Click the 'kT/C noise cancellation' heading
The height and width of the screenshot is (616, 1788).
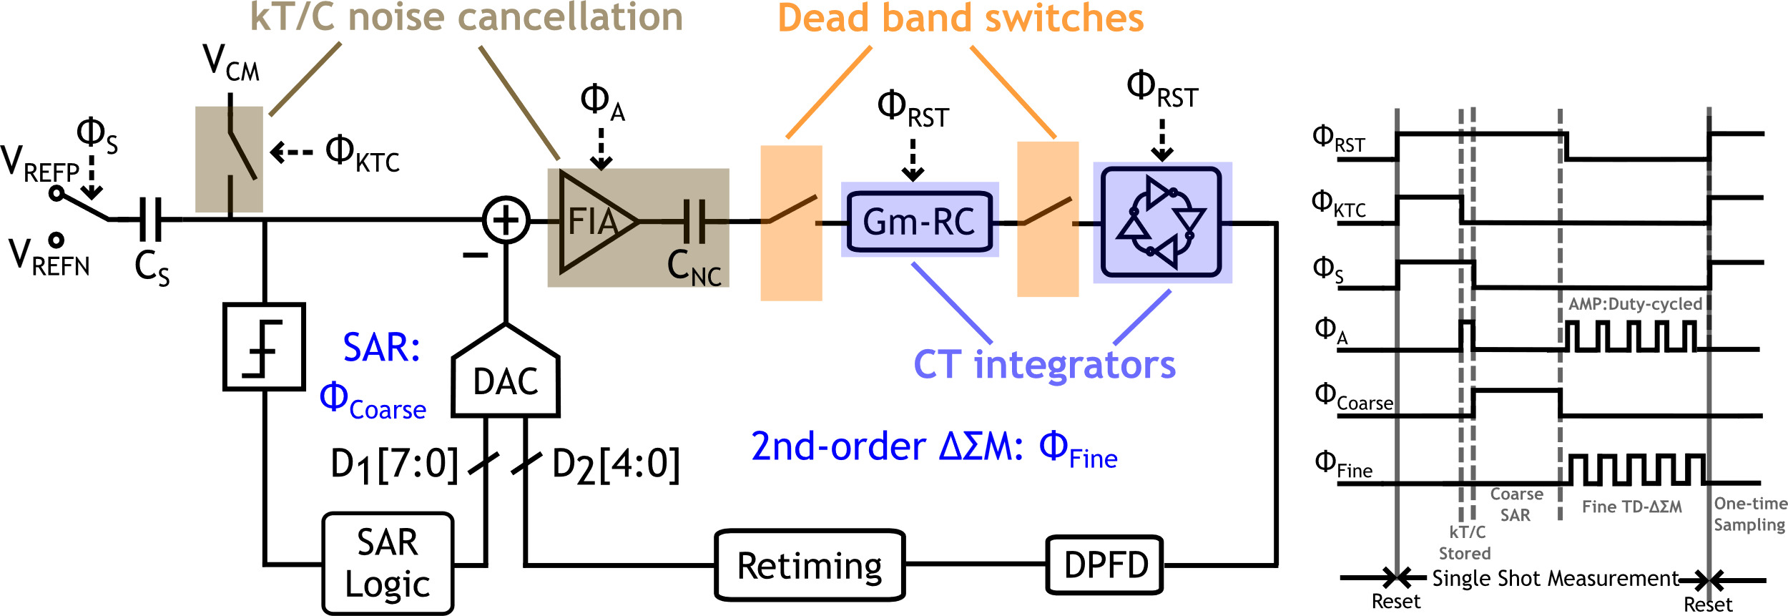(x=466, y=17)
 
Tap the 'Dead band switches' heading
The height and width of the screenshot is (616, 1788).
(x=960, y=19)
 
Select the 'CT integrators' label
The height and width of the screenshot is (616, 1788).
(x=1044, y=365)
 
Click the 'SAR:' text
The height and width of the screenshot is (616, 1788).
(x=381, y=348)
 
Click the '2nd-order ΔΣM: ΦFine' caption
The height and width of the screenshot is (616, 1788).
(x=933, y=448)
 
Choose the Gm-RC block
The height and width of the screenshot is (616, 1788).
(x=920, y=220)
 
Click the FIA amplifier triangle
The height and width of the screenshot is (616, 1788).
(x=594, y=222)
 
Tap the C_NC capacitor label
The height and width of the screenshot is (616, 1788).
(x=694, y=268)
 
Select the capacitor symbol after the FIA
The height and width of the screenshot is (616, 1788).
(x=694, y=221)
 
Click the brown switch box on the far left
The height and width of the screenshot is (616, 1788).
(x=229, y=159)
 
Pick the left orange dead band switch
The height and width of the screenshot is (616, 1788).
(x=791, y=223)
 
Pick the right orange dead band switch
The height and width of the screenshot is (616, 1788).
(x=1048, y=218)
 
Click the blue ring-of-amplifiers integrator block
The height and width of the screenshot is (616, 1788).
(x=1162, y=223)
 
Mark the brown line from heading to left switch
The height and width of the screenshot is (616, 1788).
(x=305, y=79)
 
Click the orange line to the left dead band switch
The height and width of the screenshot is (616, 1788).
(x=830, y=92)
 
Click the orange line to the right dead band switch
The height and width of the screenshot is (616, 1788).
(x=1013, y=92)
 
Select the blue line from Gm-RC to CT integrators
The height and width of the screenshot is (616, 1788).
(x=951, y=303)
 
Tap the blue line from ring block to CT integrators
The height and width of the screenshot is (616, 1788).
(x=1142, y=317)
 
